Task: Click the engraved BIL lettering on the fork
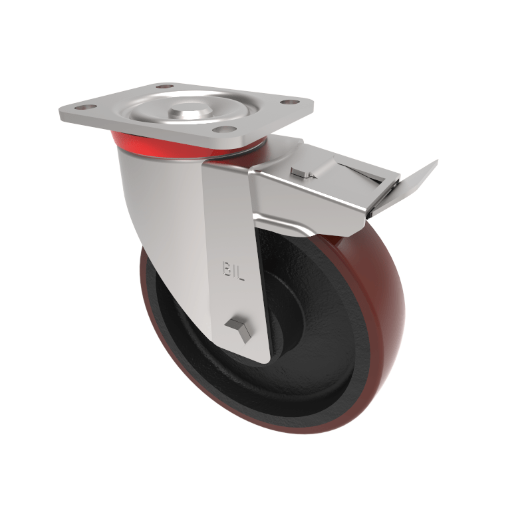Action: [233, 271]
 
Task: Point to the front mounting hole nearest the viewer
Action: [225, 129]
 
